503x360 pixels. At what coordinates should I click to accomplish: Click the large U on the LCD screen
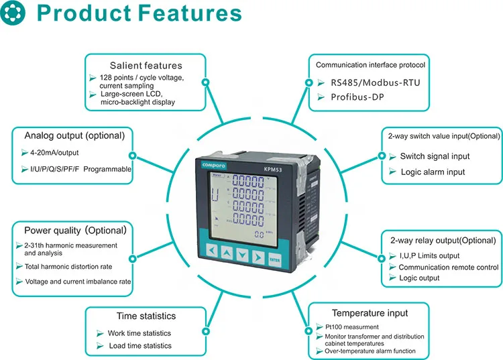(216, 196)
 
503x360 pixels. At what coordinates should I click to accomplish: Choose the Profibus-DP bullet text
(358, 97)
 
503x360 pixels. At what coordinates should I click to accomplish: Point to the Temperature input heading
(370, 313)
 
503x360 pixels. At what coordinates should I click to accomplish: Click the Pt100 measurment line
(351, 327)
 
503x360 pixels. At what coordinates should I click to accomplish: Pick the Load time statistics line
(140, 346)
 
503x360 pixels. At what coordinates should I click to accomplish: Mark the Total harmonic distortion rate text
(68, 267)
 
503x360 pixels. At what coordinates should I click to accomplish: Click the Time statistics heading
(146, 316)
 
